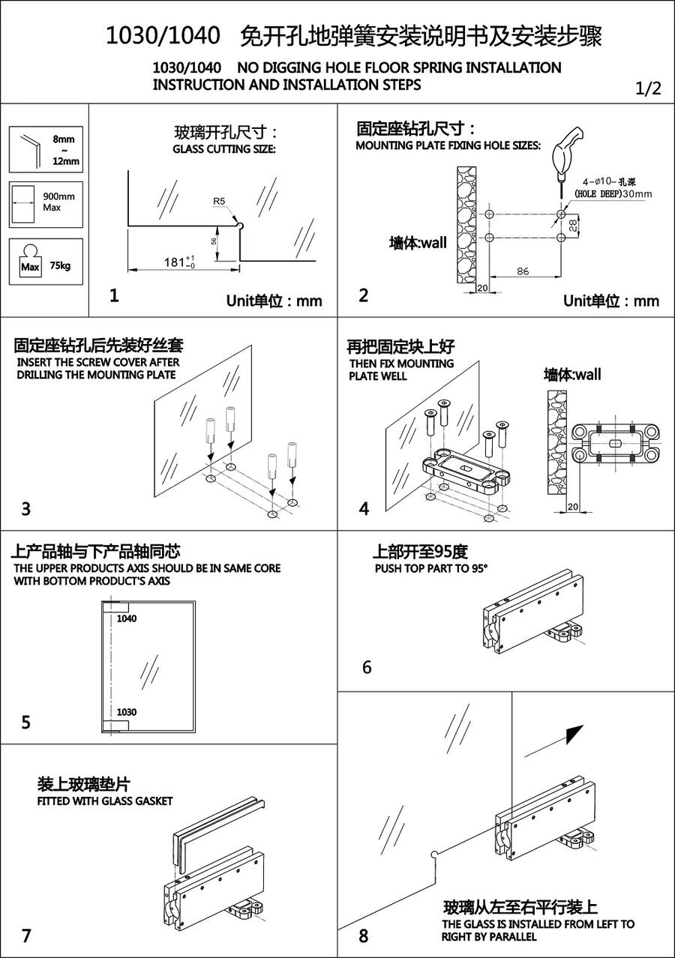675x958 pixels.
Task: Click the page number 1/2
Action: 648,88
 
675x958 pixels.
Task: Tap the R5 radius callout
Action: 218,201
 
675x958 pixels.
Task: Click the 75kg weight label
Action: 60,265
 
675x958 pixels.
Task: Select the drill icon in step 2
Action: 563,154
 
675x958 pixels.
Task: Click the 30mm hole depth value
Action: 637,193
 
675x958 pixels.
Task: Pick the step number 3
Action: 26,509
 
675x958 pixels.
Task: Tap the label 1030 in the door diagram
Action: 127,711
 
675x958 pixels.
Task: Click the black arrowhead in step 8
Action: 575,732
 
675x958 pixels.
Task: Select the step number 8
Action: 364,936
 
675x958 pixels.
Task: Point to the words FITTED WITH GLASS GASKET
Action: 105,801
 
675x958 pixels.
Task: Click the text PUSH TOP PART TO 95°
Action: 431,568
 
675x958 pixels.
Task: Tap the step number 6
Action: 367,667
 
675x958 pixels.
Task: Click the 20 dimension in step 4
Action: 573,507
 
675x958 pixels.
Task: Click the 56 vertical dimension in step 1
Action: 214,241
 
